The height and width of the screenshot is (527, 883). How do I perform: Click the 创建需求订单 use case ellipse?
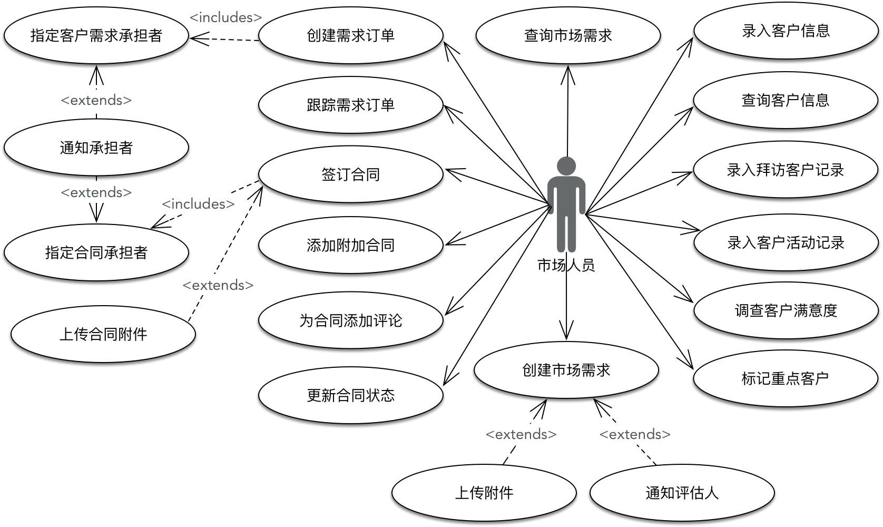pos(350,35)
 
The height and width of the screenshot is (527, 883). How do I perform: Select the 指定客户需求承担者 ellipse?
pos(96,35)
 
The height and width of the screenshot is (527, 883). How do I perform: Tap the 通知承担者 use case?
pos(96,148)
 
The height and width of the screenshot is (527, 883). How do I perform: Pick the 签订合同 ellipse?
pos(350,174)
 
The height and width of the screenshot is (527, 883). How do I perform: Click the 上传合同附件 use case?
pos(103,334)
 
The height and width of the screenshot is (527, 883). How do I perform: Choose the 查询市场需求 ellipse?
pos(568,35)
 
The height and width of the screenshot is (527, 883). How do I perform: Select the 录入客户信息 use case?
pos(786,31)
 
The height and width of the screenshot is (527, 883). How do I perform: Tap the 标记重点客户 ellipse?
pos(785,378)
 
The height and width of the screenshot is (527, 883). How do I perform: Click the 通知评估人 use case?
pos(682,493)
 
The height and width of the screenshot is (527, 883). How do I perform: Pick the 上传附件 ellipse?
pos(484,493)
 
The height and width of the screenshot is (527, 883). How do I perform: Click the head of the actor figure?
pos(566,165)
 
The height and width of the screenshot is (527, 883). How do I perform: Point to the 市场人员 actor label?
pos(566,265)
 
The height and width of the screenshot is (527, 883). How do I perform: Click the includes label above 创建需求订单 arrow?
pos(225,17)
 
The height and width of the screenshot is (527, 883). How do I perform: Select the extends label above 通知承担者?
pos(96,100)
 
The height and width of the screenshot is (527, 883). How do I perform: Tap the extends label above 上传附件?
pos(521,434)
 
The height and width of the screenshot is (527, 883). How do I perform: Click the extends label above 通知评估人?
pos(635,434)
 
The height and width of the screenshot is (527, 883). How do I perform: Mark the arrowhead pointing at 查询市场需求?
pos(568,71)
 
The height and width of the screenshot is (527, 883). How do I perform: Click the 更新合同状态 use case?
pos(350,395)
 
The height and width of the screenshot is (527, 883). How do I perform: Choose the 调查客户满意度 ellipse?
pos(786,310)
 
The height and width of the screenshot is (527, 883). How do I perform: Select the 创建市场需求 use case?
pos(566,370)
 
